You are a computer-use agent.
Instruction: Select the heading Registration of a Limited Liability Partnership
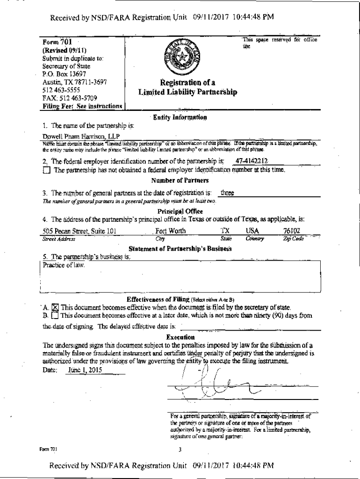[187, 87]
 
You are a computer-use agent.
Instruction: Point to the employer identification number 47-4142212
[251, 161]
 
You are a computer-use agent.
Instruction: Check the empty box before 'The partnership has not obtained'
[46, 170]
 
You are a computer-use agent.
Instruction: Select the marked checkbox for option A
[55, 308]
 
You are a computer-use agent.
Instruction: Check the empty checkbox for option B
[55, 316]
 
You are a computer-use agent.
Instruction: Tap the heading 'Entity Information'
[180, 117]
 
